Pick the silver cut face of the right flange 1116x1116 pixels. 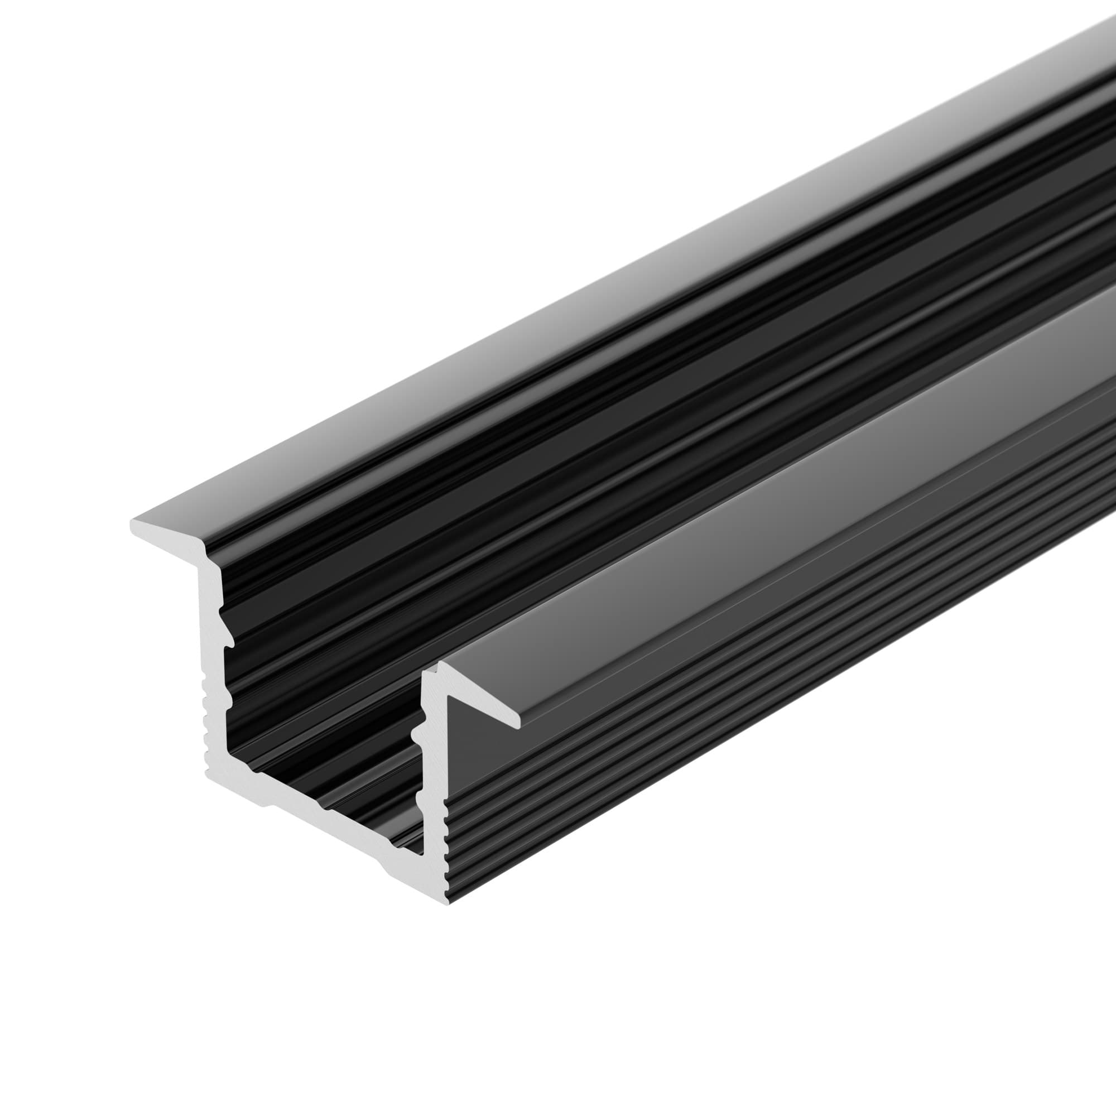point(479,699)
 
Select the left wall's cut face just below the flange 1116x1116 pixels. point(211,584)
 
